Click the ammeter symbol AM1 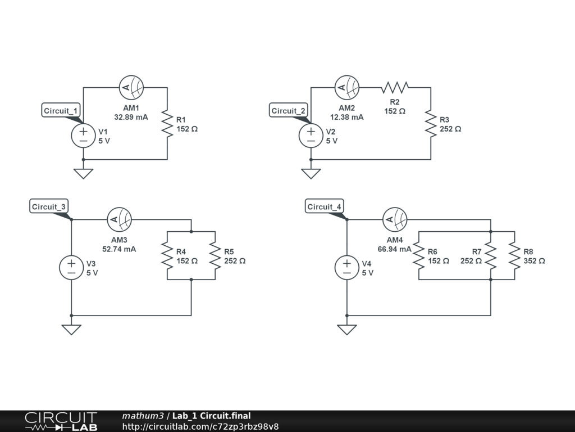tap(131, 87)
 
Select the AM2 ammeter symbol tap(347, 87)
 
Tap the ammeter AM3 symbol tap(119, 219)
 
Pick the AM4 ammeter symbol tap(395, 219)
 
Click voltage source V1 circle tap(84, 136)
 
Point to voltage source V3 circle tap(71, 267)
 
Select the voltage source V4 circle tap(347, 267)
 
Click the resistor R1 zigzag tap(167, 124)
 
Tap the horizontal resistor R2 tap(395, 87)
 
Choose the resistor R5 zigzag tap(215, 255)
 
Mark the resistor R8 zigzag tap(514, 255)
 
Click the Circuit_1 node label tap(62, 110)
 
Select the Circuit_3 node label tap(49, 206)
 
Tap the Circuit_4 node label tap(324, 206)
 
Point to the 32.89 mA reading tap(131, 118)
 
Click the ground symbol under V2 tap(311, 173)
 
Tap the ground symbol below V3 tap(71, 330)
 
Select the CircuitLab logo tap(61, 421)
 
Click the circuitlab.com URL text tap(200, 426)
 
